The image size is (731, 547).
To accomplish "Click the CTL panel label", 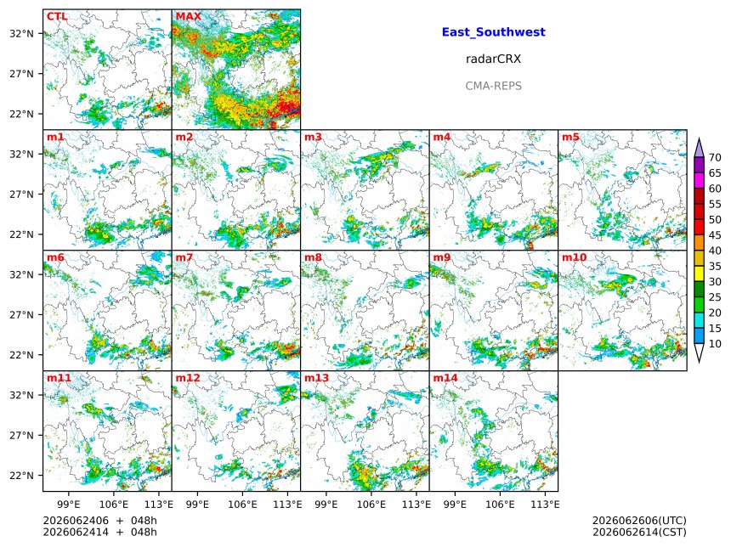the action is pos(57,16).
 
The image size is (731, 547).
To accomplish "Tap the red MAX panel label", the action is pos(189,16).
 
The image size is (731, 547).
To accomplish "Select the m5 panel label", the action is pos(570,137).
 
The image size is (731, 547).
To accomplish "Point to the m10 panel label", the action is pos(574,257).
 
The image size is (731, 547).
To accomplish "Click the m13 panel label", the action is pos(316,378).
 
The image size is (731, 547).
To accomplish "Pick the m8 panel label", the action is pos(313,257).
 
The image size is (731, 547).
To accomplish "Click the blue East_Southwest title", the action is pos(493,32).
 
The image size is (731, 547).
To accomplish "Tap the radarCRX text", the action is pos(493,59).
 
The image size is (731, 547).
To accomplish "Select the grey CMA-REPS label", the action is pos(493,86).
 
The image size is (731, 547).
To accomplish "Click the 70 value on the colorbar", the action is pos(715,157).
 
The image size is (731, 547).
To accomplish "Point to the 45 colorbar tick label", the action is pos(715,235).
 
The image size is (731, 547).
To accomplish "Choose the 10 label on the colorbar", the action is pos(715,344).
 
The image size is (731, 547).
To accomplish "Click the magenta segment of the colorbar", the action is pos(699,181).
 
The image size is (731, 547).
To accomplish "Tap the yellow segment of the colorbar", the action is pos(699,274).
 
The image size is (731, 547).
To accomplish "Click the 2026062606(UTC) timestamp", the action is pos(639,521).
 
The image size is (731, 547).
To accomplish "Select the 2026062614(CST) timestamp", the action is pos(639,532).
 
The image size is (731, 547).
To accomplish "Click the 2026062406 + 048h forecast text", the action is pos(99,521).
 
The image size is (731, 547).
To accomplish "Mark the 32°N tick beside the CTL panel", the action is pos(22,33).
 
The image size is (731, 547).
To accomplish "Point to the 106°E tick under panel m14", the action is pos(501,505).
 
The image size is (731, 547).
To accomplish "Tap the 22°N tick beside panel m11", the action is pos(22,476).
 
